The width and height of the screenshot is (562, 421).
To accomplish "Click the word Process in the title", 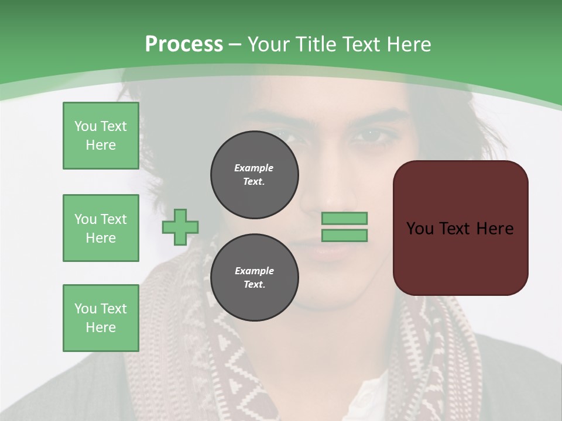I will (184, 44).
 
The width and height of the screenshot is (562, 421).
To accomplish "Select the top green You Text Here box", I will (101, 136).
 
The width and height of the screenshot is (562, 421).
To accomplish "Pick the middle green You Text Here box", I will (101, 228).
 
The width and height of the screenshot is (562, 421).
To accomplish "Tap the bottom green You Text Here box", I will (101, 318).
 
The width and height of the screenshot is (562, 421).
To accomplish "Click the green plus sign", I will (180, 227).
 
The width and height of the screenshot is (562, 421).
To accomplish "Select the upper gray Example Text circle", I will (254, 174).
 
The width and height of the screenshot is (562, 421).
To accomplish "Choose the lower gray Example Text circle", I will (254, 277).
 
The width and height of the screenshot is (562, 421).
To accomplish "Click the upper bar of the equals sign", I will (344, 218).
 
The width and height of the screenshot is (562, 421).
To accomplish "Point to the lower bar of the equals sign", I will (344, 235).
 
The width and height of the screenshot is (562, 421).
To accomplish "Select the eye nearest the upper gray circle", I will (290, 136).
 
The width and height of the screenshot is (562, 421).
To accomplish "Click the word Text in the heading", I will (361, 44).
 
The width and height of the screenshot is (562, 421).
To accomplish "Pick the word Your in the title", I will (269, 44).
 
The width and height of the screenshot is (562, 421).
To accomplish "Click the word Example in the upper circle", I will (254, 168).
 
